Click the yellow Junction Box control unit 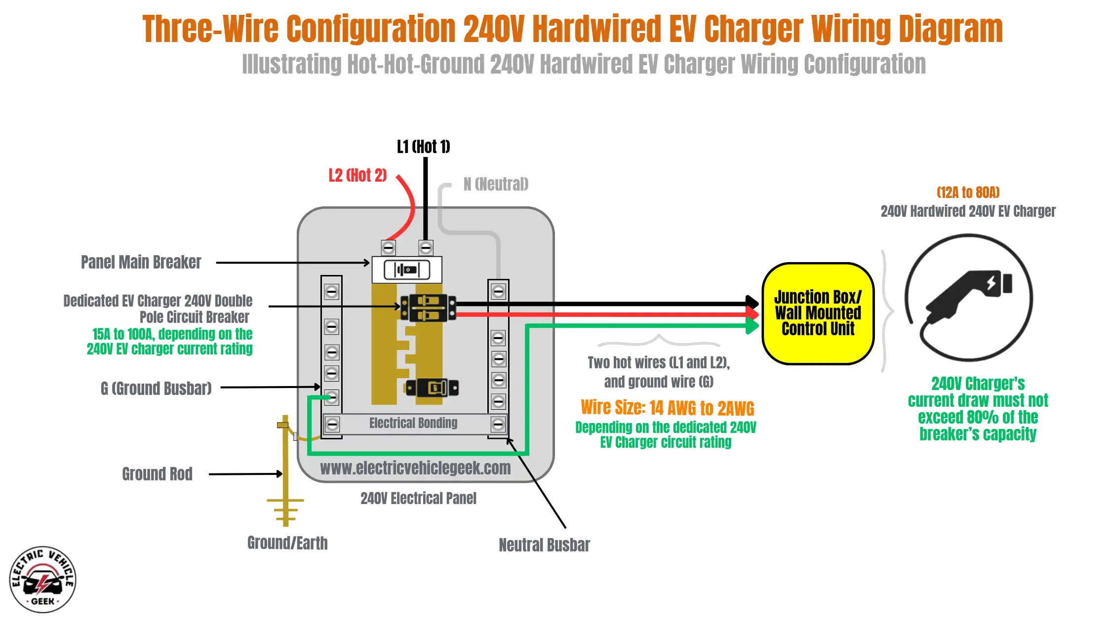tap(818, 313)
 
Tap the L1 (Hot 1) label tap(423, 147)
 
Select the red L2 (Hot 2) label tap(357, 175)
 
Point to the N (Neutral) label tap(496, 184)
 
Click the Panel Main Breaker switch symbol tap(406, 270)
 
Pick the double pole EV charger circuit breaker tap(428, 308)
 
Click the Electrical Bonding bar tap(414, 424)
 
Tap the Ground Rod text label tap(157, 474)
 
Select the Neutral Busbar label tap(544, 545)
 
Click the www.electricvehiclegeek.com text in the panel tap(415, 468)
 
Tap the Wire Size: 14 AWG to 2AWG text tap(667, 408)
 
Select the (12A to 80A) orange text tap(968, 193)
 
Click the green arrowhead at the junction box tap(751, 325)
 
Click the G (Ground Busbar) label tap(156, 389)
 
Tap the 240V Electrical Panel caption tap(418, 499)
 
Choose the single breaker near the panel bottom tap(431, 388)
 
